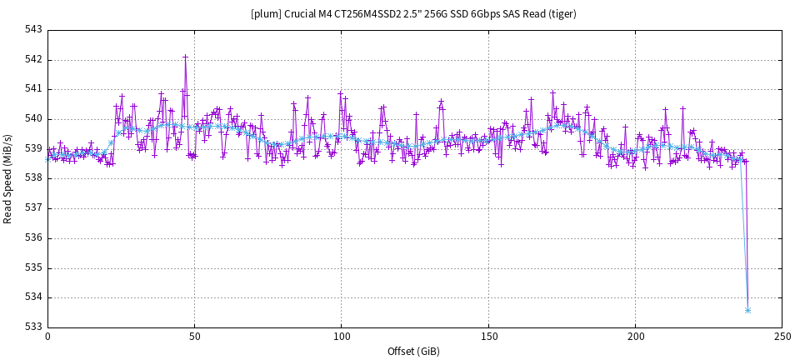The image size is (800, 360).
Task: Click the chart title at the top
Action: [413, 13]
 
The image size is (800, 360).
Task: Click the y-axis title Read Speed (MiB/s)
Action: [8, 178]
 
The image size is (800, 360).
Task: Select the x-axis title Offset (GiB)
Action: [413, 351]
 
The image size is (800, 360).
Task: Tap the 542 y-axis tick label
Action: [33, 60]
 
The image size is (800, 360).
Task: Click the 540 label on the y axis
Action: [33, 119]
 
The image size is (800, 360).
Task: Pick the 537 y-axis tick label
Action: [33, 208]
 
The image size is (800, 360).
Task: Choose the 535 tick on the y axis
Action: [33, 268]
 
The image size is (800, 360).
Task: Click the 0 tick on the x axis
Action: [47, 337]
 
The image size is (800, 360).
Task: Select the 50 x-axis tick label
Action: [194, 337]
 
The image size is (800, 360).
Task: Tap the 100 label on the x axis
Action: [342, 337]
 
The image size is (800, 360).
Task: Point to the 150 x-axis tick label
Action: [488, 337]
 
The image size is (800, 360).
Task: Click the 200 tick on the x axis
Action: [636, 337]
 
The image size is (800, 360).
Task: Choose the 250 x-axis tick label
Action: [782, 337]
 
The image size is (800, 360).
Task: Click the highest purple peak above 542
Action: [185, 57]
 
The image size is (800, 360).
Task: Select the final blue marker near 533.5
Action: [747, 310]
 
